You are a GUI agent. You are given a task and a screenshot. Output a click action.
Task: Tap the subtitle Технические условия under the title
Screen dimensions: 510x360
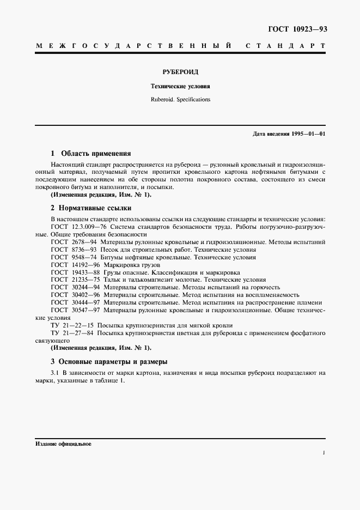point(180,86)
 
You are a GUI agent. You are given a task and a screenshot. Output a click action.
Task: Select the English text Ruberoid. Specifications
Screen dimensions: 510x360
point(180,100)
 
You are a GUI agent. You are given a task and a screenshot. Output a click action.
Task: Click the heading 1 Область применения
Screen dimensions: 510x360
point(90,154)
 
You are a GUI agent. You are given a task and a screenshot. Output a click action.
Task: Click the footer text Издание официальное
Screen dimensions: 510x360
point(63,444)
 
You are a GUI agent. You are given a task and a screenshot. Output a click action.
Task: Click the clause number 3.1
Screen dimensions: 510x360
point(54,373)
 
